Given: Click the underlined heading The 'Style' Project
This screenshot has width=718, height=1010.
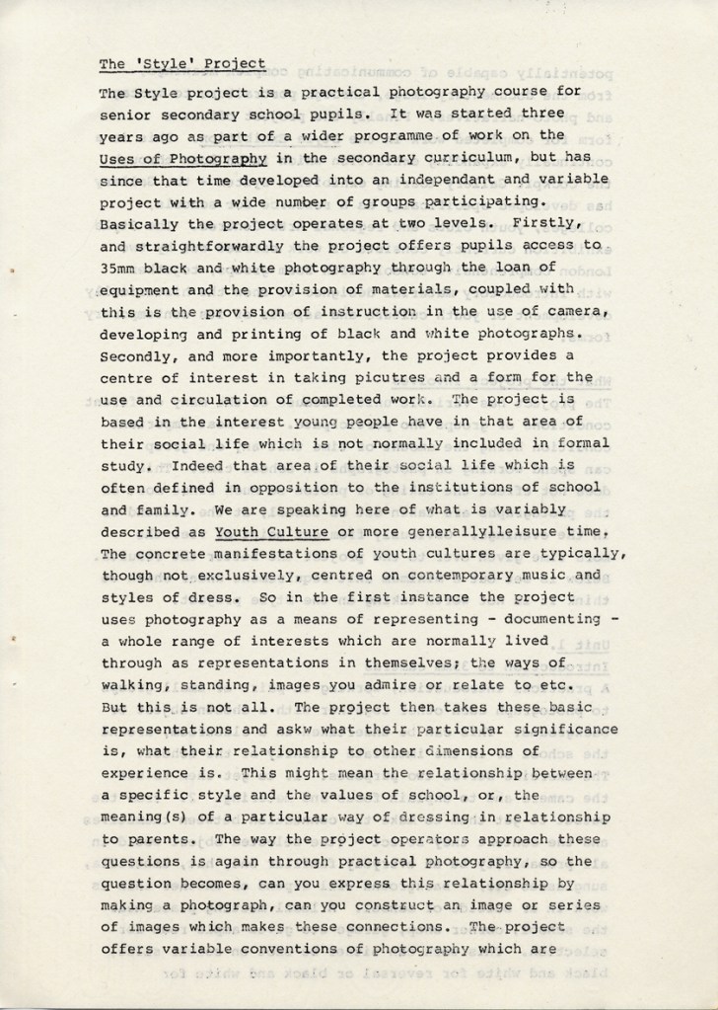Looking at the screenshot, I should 182,64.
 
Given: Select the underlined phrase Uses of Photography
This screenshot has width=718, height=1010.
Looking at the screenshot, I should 183,157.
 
